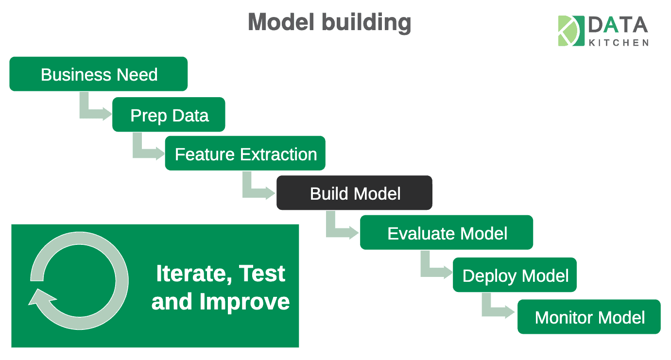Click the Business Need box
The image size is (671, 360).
[x=99, y=74]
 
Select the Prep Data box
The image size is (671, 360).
[x=169, y=115]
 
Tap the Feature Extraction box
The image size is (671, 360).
[x=245, y=154]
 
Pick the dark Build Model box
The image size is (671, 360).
[x=354, y=193]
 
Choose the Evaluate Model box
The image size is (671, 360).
[x=446, y=233]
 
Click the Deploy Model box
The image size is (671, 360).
[x=515, y=275]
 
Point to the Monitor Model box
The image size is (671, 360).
[x=589, y=317]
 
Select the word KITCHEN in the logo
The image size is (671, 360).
[x=618, y=43]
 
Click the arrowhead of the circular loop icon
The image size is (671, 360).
[x=38, y=297]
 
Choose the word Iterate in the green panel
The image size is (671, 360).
[x=187, y=274]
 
